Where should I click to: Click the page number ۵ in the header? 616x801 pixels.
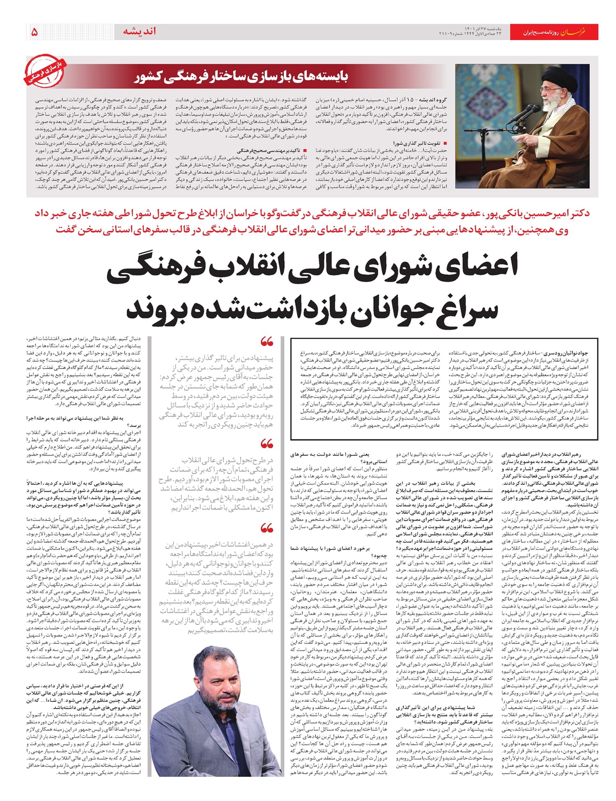tap(34, 32)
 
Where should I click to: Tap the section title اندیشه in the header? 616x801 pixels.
tap(139, 32)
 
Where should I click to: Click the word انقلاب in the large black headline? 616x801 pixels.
tap(254, 270)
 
